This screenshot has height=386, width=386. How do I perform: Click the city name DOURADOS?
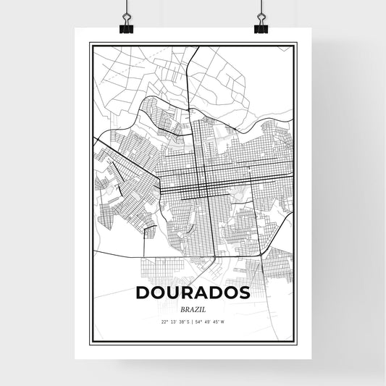point(193,293)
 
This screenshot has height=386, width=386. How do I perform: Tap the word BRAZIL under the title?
point(193,308)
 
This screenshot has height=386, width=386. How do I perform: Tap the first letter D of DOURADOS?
point(143,293)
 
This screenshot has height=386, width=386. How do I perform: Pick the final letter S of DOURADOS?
point(244,293)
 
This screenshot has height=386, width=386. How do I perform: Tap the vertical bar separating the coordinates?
point(193,322)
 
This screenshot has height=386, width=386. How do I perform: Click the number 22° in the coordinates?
point(164,322)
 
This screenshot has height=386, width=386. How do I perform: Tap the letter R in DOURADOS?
point(187,293)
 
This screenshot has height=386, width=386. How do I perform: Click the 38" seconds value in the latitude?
point(181,322)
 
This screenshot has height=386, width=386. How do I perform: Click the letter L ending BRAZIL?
point(204,308)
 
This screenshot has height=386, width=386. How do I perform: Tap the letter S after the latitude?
point(188,322)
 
